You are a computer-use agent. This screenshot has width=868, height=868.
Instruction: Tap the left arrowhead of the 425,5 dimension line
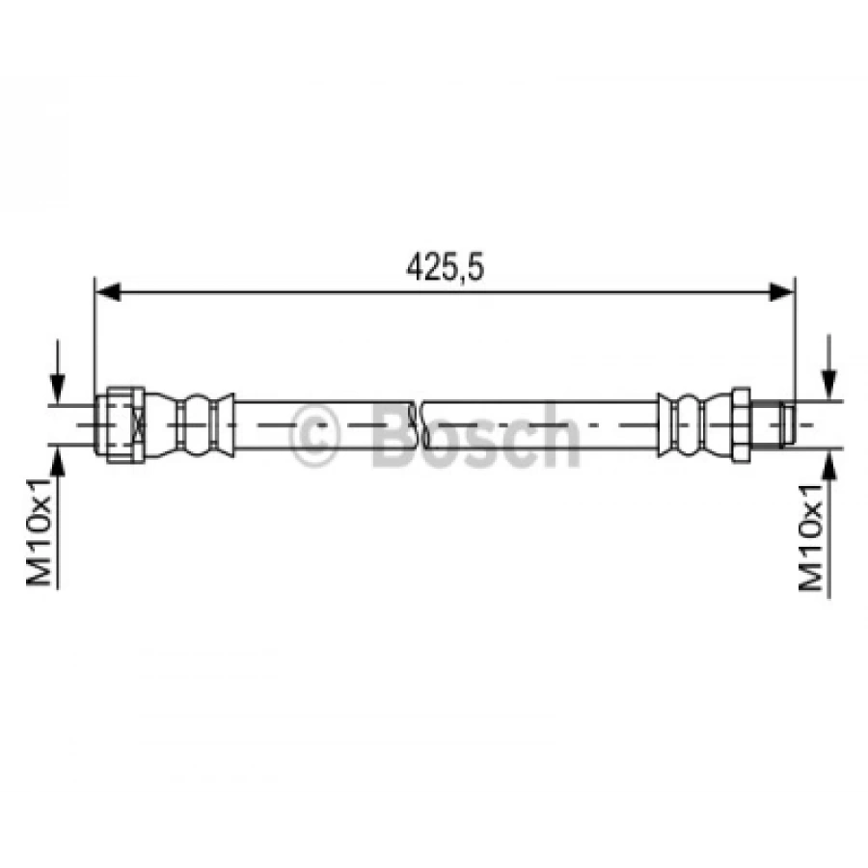point(106,291)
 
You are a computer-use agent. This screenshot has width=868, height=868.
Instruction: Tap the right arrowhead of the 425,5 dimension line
point(782,291)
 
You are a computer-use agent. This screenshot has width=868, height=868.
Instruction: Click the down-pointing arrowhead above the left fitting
point(60,390)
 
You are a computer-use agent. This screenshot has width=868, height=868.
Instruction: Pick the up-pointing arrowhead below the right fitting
point(828,459)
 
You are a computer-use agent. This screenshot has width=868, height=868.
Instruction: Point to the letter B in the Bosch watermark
point(392,435)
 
